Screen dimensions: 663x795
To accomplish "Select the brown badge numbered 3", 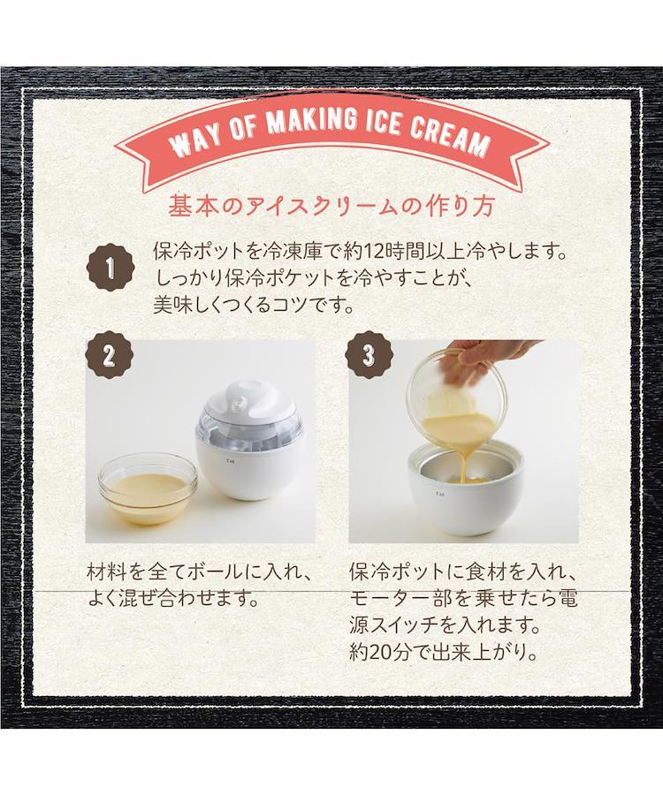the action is (x=369, y=356).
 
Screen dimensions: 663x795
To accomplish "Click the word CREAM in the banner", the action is (x=448, y=135).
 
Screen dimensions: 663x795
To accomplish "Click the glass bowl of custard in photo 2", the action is (x=148, y=489).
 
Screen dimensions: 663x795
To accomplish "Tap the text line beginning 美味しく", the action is (x=253, y=306).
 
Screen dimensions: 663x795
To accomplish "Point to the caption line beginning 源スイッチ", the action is (x=445, y=625).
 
